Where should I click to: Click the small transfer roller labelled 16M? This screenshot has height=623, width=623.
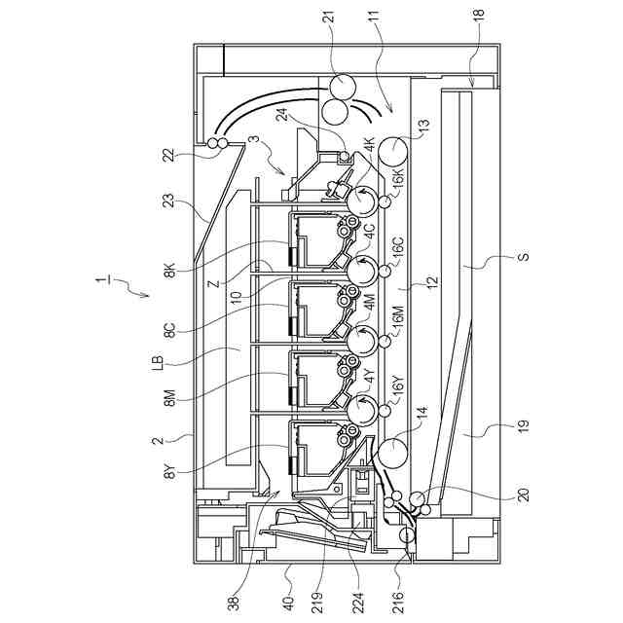(385, 342)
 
